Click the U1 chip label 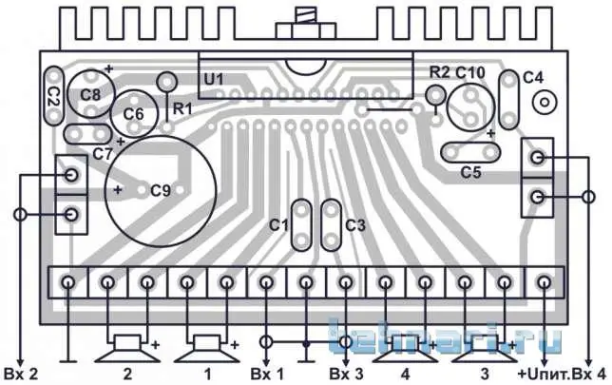pyautogui.click(x=214, y=80)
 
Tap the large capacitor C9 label pyautogui.click(x=161, y=191)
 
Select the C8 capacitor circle pyautogui.click(x=91, y=94)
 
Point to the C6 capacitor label pyautogui.click(x=133, y=114)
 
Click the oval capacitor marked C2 pyautogui.click(x=54, y=96)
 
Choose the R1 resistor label pyautogui.click(x=182, y=108)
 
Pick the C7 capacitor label pyautogui.click(x=103, y=154)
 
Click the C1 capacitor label pyautogui.click(x=278, y=225)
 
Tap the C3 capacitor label pyautogui.click(x=355, y=225)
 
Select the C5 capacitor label pyautogui.click(x=470, y=172)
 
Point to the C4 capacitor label pyautogui.click(x=533, y=78)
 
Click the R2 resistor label pyautogui.click(x=439, y=72)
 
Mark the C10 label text pyautogui.click(x=470, y=72)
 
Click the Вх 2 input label pyautogui.click(x=21, y=375)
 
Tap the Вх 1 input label pyautogui.click(x=267, y=375)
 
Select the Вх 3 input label pyautogui.click(x=346, y=375)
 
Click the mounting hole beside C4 pyautogui.click(x=545, y=103)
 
